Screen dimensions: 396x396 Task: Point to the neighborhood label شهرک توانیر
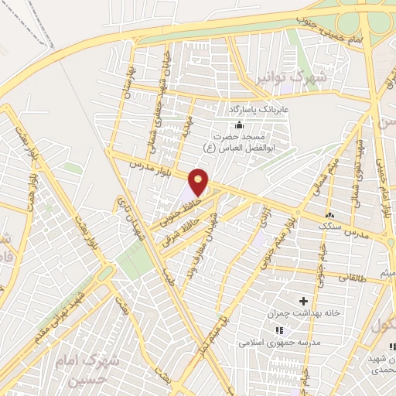[x=292, y=78]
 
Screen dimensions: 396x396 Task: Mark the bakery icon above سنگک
[x=331, y=214]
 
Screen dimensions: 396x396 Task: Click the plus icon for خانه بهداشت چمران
[x=302, y=300]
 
